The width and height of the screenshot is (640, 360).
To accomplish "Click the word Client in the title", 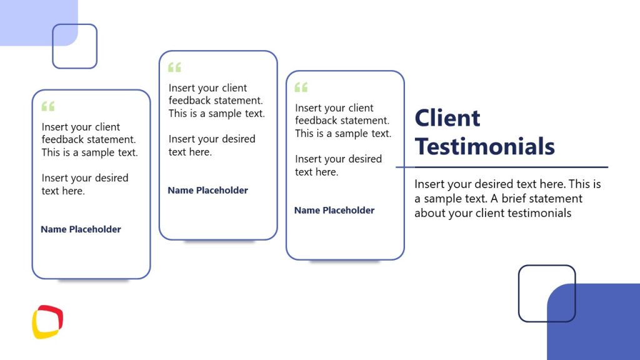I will click(447, 118).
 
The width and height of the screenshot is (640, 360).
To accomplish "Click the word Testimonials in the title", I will click(484, 146).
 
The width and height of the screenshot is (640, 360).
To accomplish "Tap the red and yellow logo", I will click(47, 321).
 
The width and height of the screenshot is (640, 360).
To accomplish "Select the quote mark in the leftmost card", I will click(48, 106).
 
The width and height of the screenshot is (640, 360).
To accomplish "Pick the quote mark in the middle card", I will click(174, 67).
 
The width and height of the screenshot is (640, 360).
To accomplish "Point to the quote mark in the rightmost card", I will click(301, 87).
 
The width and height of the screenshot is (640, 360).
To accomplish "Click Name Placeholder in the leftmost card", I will click(81, 229).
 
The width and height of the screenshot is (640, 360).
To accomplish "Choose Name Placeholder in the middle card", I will click(207, 191).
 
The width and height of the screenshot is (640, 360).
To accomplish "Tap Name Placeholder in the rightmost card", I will click(334, 211).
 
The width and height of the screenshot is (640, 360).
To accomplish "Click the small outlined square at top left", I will click(74, 46).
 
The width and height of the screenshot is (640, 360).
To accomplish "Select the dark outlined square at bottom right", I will click(546, 293).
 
